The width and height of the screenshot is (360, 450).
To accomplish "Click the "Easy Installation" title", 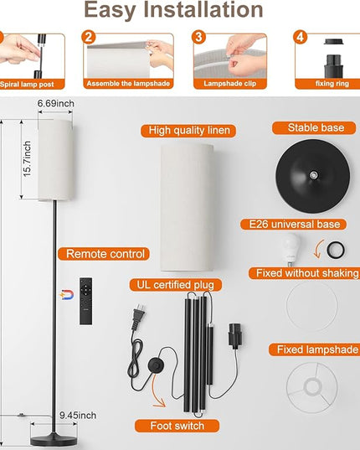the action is pos(173,10).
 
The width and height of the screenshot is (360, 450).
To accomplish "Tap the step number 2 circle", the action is pos(89,37).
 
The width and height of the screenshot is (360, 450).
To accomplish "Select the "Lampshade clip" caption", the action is pos(230,84).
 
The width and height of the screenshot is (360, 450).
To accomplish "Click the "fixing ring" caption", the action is pos(332,84).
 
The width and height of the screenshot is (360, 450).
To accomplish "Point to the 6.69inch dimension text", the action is pos(55,103).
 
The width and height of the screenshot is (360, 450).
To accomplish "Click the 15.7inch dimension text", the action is pos(27,158).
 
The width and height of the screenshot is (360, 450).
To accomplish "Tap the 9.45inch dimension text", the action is pos(78,416).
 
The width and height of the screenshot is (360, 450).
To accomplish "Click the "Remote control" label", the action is pos(105,254).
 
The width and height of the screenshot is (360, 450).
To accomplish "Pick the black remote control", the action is pos(85,301).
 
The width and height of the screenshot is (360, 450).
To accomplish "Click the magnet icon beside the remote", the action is pos(67,295).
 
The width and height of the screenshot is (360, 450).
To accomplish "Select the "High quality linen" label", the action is pos(189,131).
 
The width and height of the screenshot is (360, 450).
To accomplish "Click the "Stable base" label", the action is pos(316,128).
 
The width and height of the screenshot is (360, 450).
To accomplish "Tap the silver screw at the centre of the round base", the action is pos(314,174).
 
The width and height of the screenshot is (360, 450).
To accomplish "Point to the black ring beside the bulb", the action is pos(336,250).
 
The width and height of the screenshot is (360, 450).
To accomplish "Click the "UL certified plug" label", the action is pos(176,285).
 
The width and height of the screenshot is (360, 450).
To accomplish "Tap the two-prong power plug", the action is pos(138,316).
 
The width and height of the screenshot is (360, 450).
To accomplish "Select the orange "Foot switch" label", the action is pos(177,426).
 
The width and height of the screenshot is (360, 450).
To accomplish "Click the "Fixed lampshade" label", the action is pos(317,349).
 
